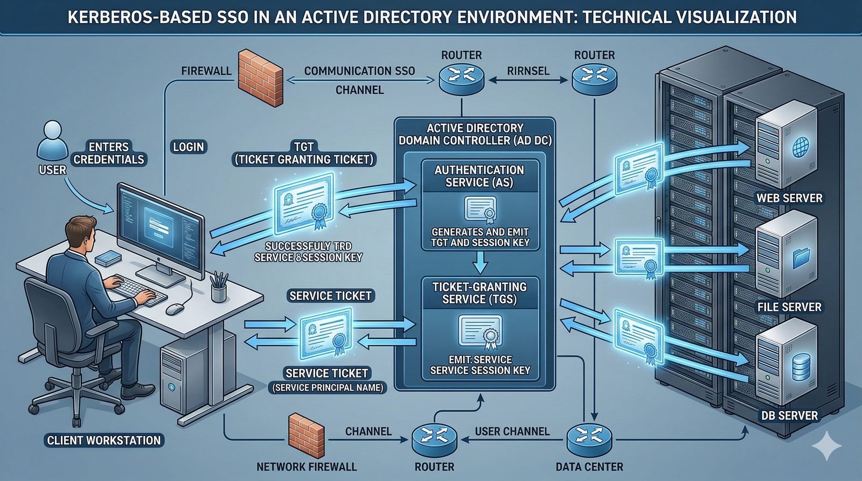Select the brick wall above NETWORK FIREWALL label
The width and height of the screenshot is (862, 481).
point(306,435)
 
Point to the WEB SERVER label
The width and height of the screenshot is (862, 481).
point(789,198)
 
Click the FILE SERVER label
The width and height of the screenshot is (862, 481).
point(789,307)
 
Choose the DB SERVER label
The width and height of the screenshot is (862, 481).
point(789,416)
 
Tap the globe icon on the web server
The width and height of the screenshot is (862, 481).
point(801,146)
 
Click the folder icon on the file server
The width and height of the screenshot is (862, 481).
point(802,257)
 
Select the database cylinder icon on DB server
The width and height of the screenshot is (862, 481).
point(802,366)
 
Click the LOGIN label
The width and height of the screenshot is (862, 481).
point(189,147)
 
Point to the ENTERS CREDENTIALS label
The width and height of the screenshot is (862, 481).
point(109,153)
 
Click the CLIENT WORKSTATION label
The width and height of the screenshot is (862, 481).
point(104,441)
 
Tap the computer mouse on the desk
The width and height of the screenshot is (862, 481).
point(175,309)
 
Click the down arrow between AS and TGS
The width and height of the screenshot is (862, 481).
point(479,263)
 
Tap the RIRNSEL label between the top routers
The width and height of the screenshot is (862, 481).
point(528,71)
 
